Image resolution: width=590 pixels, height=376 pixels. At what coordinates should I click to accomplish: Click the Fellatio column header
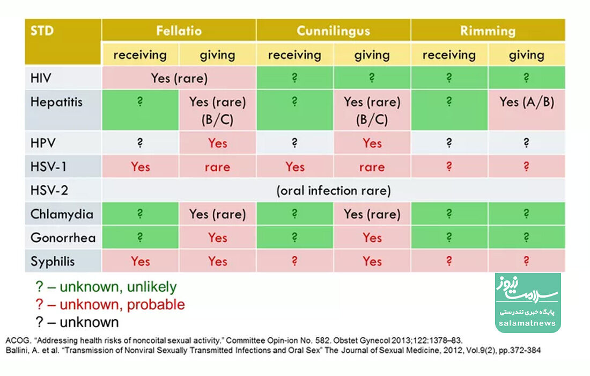tap(179, 31)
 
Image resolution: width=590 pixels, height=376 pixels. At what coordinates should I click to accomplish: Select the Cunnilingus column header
tap(334, 31)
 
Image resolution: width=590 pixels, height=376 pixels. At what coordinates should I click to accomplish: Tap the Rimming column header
tap(488, 31)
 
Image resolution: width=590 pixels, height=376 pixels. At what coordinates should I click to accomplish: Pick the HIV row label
tap(41, 78)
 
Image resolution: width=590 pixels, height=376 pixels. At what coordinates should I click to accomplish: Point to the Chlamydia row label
tap(62, 214)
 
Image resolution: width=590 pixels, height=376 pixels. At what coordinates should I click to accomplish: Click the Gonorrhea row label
tap(63, 238)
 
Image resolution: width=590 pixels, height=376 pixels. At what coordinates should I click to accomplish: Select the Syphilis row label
tap(53, 262)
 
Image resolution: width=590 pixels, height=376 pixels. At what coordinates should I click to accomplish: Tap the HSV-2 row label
tap(49, 190)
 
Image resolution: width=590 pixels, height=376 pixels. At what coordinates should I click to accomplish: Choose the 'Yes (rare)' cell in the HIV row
tap(179, 78)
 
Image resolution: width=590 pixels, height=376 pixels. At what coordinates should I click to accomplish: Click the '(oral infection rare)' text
tap(334, 191)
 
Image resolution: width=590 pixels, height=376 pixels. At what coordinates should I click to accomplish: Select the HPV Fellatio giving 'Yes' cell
tap(217, 143)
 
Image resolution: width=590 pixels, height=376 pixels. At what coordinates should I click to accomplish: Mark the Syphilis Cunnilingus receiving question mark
tap(294, 261)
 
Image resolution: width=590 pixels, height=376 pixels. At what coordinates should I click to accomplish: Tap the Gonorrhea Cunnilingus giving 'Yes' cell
tap(372, 238)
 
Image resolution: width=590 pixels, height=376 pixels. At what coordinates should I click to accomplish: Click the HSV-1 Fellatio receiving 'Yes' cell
tap(141, 167)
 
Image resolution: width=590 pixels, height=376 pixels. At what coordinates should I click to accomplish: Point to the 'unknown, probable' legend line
tap(110, 305)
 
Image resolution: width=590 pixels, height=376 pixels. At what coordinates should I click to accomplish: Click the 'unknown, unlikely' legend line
tap(106, 287)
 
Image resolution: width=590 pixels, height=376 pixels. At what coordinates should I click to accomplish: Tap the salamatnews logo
tap(528, 303)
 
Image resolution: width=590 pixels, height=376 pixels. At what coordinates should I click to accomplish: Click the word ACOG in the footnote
tap(18, 340)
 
